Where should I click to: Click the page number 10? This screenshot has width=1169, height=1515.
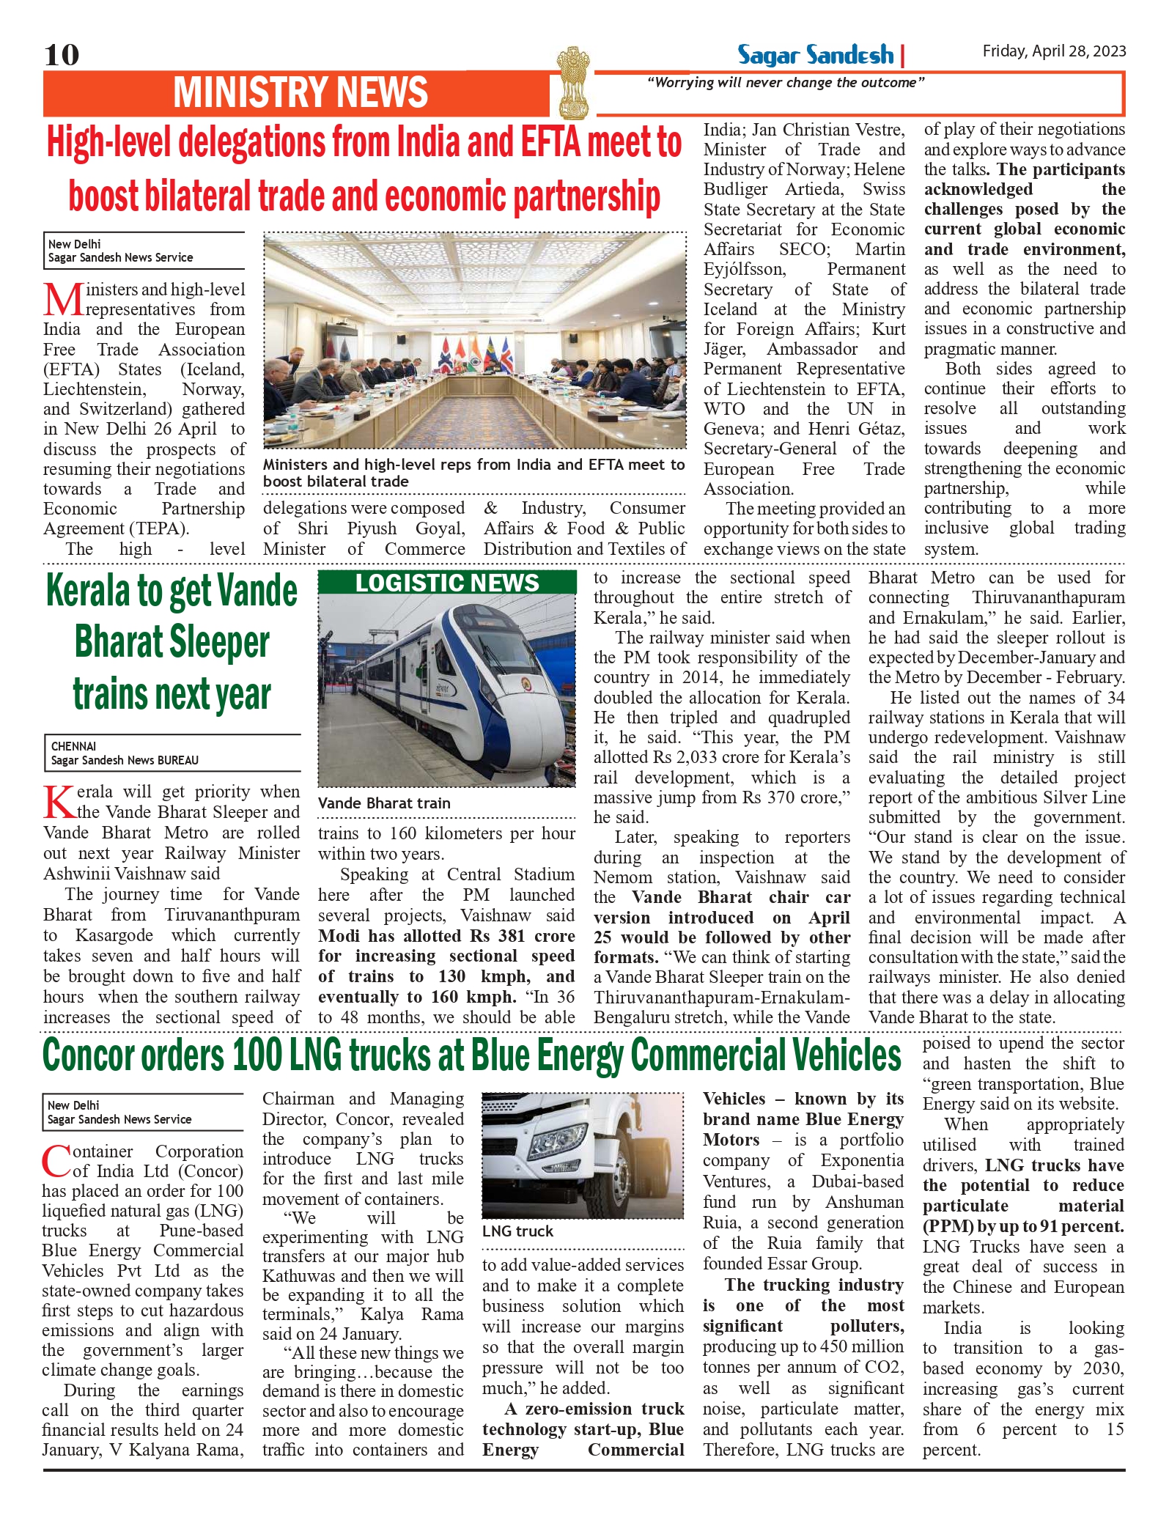[62, 55]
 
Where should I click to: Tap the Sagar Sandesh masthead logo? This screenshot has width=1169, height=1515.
[815, 56]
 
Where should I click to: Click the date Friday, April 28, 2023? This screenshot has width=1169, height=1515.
[1054, 51]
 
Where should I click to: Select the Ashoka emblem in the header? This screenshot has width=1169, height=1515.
[572, 82]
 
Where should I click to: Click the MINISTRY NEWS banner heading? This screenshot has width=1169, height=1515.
[300, 93]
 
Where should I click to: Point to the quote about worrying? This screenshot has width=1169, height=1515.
[786, 83]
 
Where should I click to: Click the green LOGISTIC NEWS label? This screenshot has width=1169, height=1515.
[447, 583]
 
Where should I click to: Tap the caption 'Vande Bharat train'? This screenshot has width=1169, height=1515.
[384, 803]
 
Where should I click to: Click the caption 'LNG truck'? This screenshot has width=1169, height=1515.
[517, 1231]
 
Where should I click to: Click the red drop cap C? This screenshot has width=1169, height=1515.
[56, 1161]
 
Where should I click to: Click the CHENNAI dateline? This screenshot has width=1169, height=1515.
[73, 746]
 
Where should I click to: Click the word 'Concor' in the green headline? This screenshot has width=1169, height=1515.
[91, 1055]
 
